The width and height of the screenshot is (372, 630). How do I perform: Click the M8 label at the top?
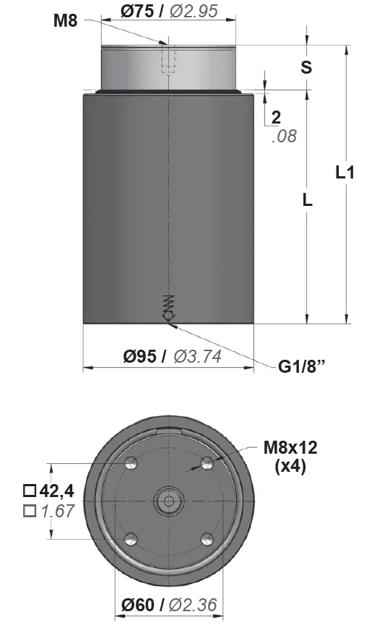coord(65,20)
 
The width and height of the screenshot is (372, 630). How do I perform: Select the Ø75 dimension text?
coord(137,11)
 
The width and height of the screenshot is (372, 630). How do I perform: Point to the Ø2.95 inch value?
coord(194,11)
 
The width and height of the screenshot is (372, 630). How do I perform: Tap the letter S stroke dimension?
coord(306,67)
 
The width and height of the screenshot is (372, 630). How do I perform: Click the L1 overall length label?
coord(345,173)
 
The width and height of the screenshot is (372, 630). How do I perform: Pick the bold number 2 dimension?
coord(276,117)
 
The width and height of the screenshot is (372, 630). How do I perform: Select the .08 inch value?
coord(285,137)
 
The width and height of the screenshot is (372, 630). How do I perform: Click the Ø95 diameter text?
coord(140,356)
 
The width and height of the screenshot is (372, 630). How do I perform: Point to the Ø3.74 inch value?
coord(198,356)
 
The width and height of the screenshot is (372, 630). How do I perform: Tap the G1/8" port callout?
coord(302,366)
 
